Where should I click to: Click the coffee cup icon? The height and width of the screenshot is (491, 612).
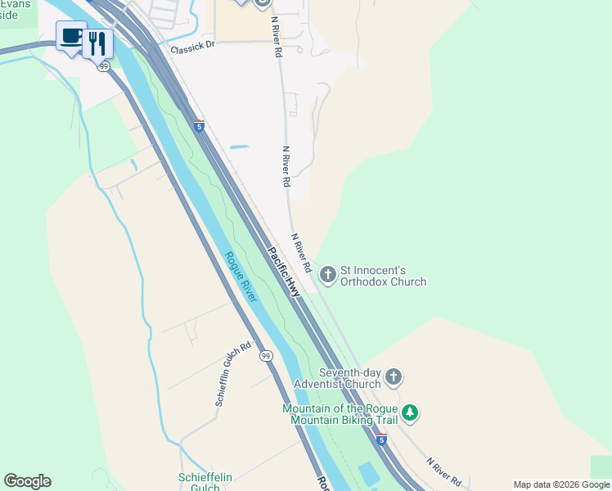(x=71, y=36)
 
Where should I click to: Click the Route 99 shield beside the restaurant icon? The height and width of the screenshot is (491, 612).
(x=103, y=66)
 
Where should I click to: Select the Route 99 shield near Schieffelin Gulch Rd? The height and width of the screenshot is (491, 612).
(x=266, y=355)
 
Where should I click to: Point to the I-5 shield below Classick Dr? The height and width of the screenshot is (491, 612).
(x=199, y=126)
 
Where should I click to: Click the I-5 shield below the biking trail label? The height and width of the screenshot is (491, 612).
(x=381, y=439)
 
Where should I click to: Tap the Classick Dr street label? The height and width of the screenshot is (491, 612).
(x=192, y=48)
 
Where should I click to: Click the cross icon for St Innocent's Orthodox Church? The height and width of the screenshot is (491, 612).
(x=328, y=274)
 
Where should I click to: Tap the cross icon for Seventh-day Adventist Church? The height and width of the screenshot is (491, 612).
(x=394, y=377)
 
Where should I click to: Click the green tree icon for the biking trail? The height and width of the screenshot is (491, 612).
(x=411, y=413)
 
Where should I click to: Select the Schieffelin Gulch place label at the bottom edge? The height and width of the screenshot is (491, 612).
(x=199, y=482)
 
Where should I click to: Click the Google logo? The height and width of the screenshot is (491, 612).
(x=27, y=481)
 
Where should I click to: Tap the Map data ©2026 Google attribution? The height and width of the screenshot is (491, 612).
(x=561, y=484)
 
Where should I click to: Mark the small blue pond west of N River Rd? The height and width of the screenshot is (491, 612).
(x=239, y=147)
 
